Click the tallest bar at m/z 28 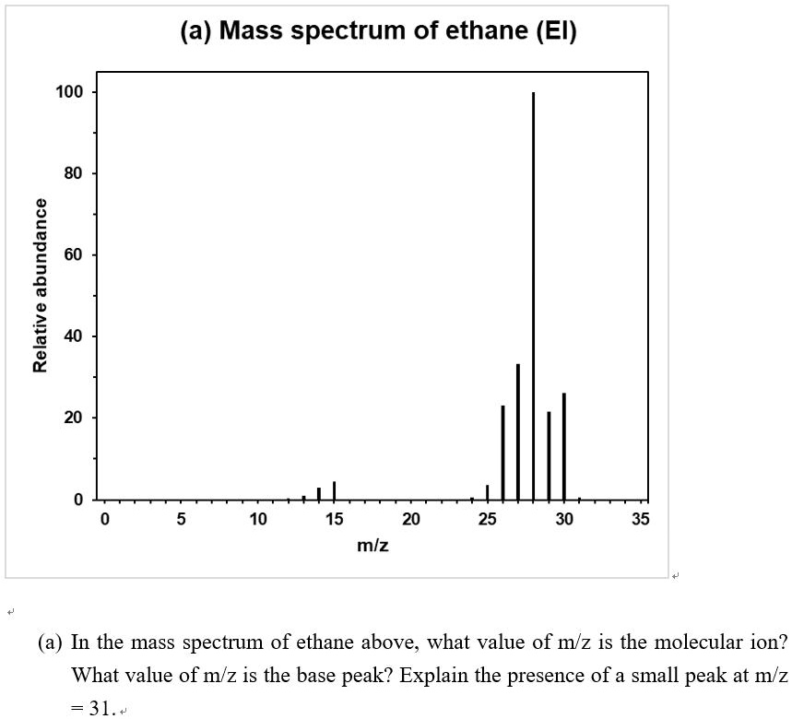[x=533, y=295]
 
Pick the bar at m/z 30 [x=564, y=446]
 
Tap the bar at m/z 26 [x=502, y=452]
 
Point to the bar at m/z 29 [x=549, y=455]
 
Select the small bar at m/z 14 [x=319, y=493]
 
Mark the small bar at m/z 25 [x=488, y=492]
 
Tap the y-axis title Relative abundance [x=40, y=285]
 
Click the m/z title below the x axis [x=372, y=546]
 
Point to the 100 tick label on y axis [x=68, y=92]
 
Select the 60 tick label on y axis [x=73, y=254]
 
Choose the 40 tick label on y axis [x=73, y=336]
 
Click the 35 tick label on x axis [x=641, y=520]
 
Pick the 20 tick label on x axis [x=411, y=520]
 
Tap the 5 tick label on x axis [x=181, y=520]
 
